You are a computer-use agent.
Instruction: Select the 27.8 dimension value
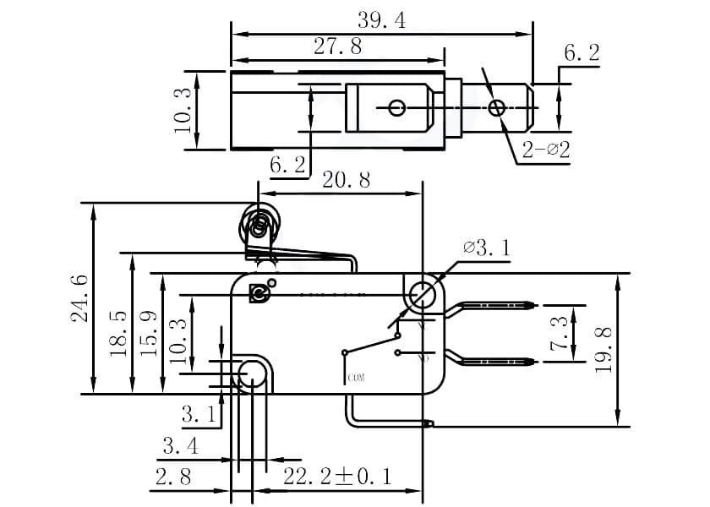(338, 47)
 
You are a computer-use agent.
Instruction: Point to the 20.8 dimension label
(346, 180)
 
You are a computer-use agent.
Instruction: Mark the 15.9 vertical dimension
(149, 334)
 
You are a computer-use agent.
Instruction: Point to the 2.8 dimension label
(172, 477)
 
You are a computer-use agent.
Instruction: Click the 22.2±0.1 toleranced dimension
(337, 477)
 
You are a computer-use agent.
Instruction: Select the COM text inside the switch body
(356, 378)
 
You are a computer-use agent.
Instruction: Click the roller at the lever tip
(260, 226)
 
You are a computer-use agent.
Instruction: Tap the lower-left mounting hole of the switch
(252, 373)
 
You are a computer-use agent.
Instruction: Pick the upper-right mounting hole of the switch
(420, 295)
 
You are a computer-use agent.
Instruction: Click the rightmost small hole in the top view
(498, 107)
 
